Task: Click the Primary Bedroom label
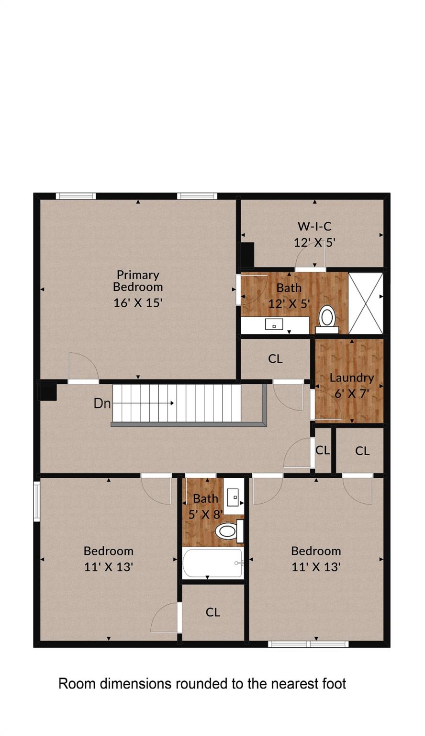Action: (x=138, y=281)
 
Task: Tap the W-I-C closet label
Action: (x=314, y=226)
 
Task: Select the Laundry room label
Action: (x=352, y=378)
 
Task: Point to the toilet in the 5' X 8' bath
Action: (x=227, y=531)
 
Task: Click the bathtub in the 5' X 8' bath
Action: (x=212, y=563)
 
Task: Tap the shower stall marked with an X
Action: (x=366, y=303)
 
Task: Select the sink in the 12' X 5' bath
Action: (x=274, y=325)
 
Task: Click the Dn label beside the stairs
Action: (x=102, y=403)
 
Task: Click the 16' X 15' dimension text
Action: (x=138, y=303)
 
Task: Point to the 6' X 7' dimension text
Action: (x=352, y=394)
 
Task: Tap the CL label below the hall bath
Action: (x=213, y=612)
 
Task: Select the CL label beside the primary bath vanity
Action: (x=276, y=359)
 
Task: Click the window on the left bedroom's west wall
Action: (x=36, y=501)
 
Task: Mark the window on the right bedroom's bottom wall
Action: (x=308, y=644)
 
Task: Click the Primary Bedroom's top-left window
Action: (x=76, y=196)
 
